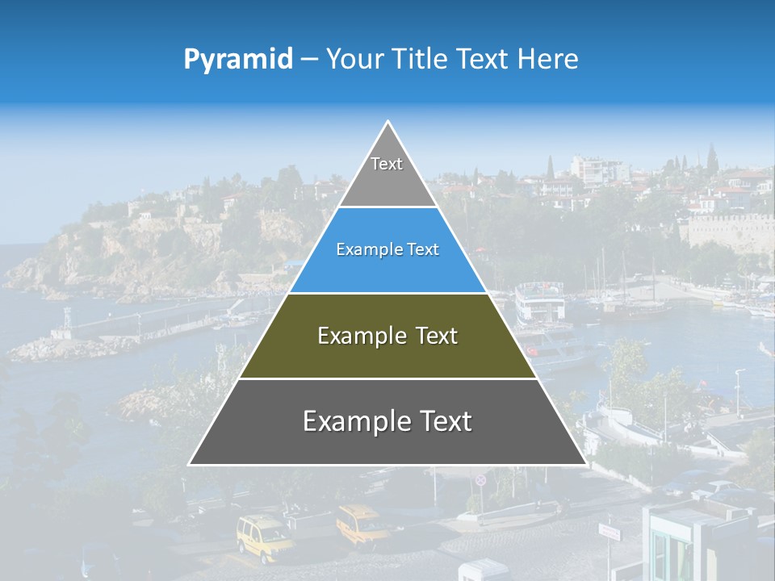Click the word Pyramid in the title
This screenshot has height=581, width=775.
pos(237,59)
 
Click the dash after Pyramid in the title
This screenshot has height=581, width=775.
pos(308,60)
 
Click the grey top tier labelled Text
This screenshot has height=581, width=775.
pos(387,173)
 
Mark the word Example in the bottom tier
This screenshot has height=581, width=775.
pos(354,421)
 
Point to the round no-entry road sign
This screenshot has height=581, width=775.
pos(481,480)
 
